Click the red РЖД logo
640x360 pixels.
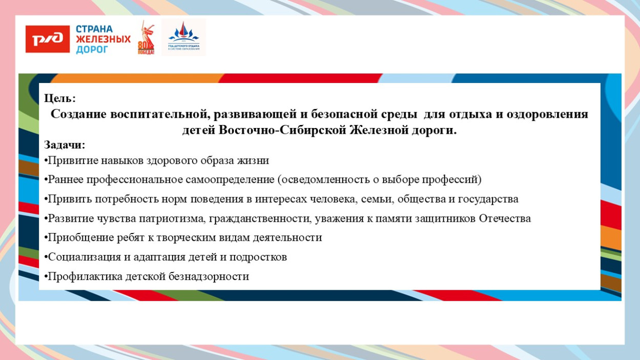(x=48, y=38)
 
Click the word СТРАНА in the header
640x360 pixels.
(x=94, y=29)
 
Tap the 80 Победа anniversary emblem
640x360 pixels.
(x=145, y=38)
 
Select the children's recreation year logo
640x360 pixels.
(x=184, y=37)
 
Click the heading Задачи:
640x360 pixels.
(x=65, y=145)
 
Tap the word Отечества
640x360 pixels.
(x=505, y=219)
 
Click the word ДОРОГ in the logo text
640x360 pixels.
(x=92, y=50)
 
